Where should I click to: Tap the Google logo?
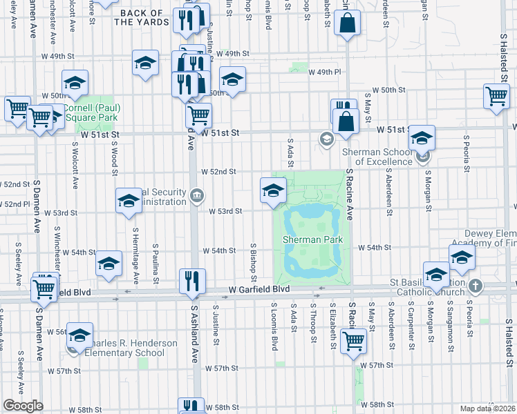pyautogui.click(x=23, y=406)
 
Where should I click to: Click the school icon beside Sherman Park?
pyautogui.click(x=273, y=190)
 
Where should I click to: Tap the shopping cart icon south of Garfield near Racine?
pyautogui.click(x=354, y=339)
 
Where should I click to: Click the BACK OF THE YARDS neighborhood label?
pyautogui.click(x=142, y=18)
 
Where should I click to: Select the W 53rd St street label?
pyautogui.click(x=225, y=212)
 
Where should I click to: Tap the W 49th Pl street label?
pyautogui.click(x=325, y=72)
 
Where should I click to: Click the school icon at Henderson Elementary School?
pyautogui.click(x=80, y=335)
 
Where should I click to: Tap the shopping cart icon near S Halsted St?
pyautogui.click(x=497, y=97)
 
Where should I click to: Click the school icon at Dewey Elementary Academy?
pyautogui.click(x=462, y=258)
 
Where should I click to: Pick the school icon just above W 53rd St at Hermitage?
pyautogui.click(x=129, y=201)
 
